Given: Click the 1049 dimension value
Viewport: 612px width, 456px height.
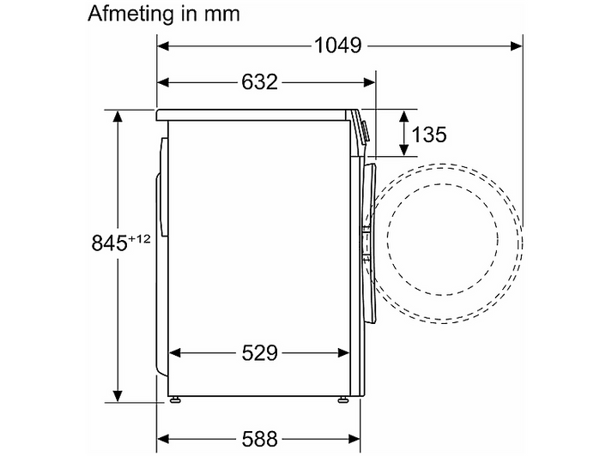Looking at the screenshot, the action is pyautogui.click(x=338, y=45).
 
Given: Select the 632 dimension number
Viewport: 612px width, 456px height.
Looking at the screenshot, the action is pyautogui.click(x=259, y=82).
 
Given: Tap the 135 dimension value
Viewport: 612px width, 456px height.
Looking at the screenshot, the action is pyautogui.click(x=429, y=135).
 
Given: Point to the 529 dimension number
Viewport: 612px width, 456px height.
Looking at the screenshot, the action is pyautogui.click(x=259, y=353).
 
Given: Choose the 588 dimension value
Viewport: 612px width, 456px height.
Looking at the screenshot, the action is pyautogui.click(x=259, y=439).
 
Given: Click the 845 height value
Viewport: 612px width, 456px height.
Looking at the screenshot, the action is pyautogui.click(x=110, y=243).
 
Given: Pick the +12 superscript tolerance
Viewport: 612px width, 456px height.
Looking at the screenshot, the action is pyautogui.click(x=139, y=238).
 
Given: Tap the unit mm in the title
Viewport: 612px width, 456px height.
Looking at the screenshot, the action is pyautogui.click(x=221, y=15).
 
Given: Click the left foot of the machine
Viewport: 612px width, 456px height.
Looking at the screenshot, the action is pyautogui.click(x=174, y=399).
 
